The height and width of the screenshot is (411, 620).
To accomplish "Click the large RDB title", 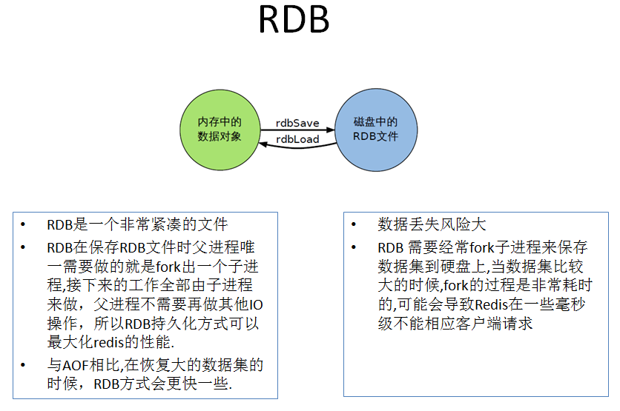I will tap(294, 21).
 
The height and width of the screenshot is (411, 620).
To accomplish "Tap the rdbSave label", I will tap(297, 123).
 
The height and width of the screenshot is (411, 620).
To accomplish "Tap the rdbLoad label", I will tap(297, 138).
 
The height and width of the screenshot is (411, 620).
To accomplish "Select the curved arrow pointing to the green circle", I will tap(297, 147).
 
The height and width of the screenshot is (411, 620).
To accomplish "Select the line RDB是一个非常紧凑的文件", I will tap(137, 224).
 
